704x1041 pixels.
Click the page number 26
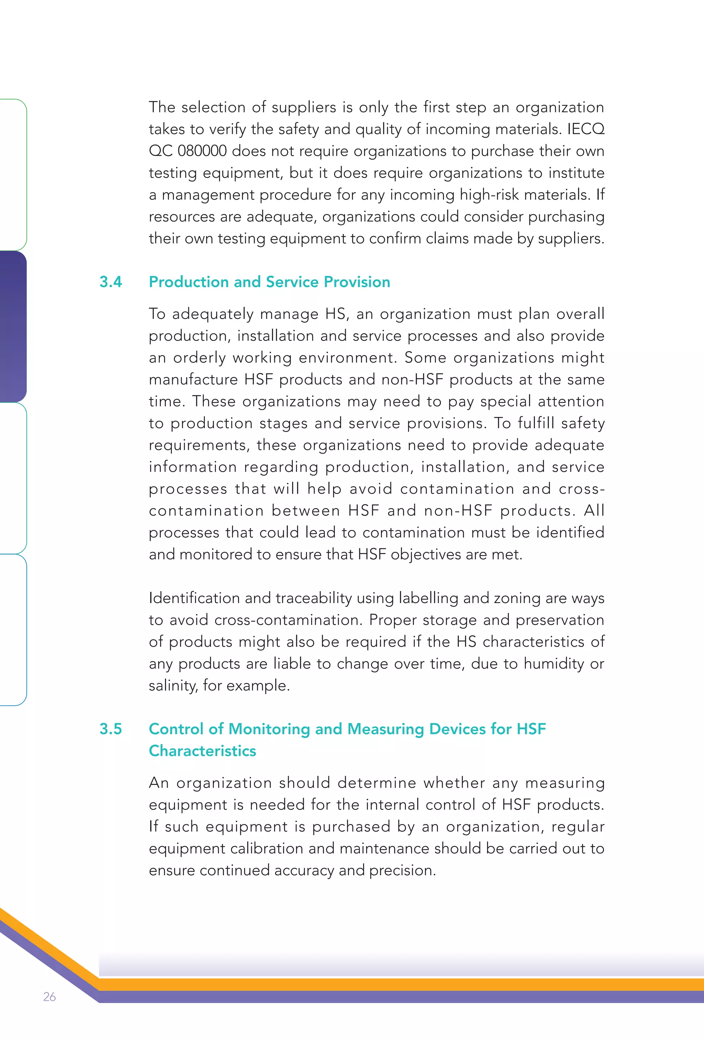pos(49,996)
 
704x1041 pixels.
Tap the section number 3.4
pos(111,282)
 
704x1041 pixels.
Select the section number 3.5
pos(111,729)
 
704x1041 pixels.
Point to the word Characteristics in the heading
pos(202,751)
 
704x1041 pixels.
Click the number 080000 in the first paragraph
pos(202,151)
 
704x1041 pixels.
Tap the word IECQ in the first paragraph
pos(585,129)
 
